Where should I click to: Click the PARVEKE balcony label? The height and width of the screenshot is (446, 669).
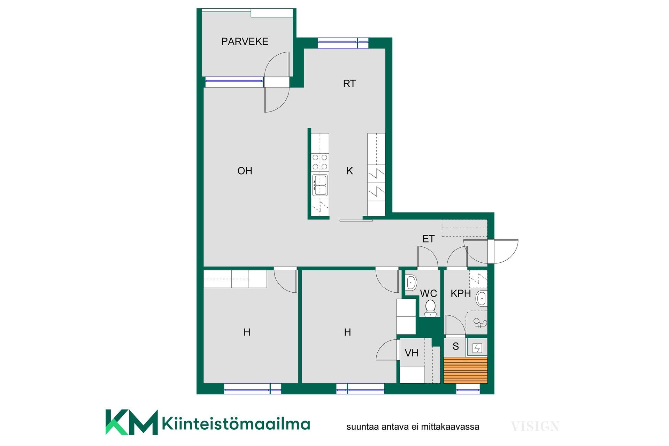coord(245,41)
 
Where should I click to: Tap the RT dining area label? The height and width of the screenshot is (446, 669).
coord(349,84)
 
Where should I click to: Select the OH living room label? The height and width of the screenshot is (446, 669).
coord(245,171)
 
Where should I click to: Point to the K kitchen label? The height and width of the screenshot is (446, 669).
coord(350,171)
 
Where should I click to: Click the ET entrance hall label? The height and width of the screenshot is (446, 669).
coord(429,239)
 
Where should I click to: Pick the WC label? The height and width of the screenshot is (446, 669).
coord(428,293)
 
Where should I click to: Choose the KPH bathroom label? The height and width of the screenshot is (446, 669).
coord(461,293)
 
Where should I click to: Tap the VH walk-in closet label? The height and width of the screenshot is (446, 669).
coord(412,353)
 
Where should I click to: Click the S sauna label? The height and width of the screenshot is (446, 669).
coord(456,346)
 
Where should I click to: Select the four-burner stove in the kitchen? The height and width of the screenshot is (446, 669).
coord(320,162)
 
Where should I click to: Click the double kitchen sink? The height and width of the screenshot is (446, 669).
coord(320,185)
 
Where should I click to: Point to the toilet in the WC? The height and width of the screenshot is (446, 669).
coord(431,308)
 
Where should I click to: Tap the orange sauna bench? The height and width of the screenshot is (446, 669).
coord(466,370)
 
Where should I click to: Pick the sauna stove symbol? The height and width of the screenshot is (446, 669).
coord(477,348)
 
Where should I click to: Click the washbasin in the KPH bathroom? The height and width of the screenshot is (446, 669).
coord(482,299)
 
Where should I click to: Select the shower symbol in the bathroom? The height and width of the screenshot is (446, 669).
coord(480,324)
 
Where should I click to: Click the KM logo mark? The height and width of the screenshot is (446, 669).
coord(131,422)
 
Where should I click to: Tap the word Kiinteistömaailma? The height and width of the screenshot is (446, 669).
coord(236,424)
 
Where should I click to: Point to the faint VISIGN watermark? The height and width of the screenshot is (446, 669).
coord(535,426)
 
